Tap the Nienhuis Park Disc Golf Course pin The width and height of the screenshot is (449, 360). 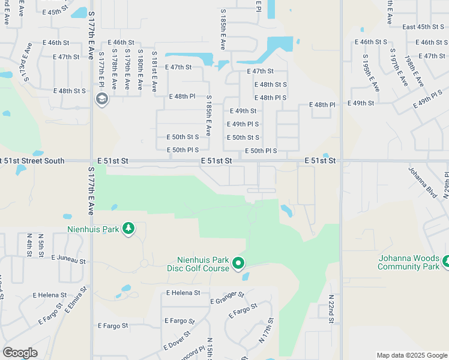(x=238, y=263)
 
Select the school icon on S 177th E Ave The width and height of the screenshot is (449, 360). (x=101, y=99)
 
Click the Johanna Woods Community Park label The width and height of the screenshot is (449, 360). (x=409, y=262)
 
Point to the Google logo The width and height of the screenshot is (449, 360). (x=20, y=353)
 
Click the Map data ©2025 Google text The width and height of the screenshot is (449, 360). (x=411, y=355)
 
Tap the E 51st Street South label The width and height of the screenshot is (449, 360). (x=32, y=161)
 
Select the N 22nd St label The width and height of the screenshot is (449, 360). (x=331, y=310)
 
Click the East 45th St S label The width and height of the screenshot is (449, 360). (x=423, y=27)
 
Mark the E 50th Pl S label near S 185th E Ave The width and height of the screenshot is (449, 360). (x=182, y=150)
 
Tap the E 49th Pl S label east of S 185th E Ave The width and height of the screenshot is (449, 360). (x=243, y=124)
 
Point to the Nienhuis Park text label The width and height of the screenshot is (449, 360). (x=85, y=229)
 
